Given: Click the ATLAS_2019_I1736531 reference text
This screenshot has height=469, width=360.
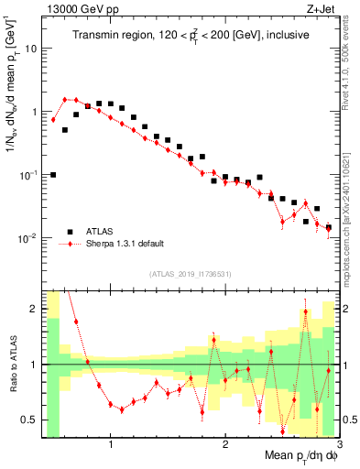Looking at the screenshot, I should coord(190,274).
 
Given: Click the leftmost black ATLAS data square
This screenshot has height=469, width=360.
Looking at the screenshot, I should coord(53,174).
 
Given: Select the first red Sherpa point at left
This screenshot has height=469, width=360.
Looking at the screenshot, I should coord(53,120).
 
